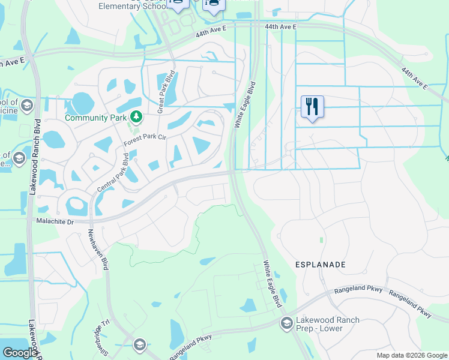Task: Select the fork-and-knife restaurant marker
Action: pos(312,107)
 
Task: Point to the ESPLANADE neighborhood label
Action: pos(320,264)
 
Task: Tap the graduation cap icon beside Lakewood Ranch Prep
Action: pos(286,324)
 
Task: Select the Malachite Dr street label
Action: pos(54,221)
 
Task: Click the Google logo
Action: pos(20,353)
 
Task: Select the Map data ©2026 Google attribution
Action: pos(412,355)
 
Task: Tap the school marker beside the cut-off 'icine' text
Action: pos(26,107)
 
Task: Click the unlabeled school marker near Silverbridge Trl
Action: pos(139,344)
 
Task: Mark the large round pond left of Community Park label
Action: pos(83,103)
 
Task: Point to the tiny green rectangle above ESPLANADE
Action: pos(322,240)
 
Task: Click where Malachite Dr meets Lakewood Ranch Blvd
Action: pos(29,221)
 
